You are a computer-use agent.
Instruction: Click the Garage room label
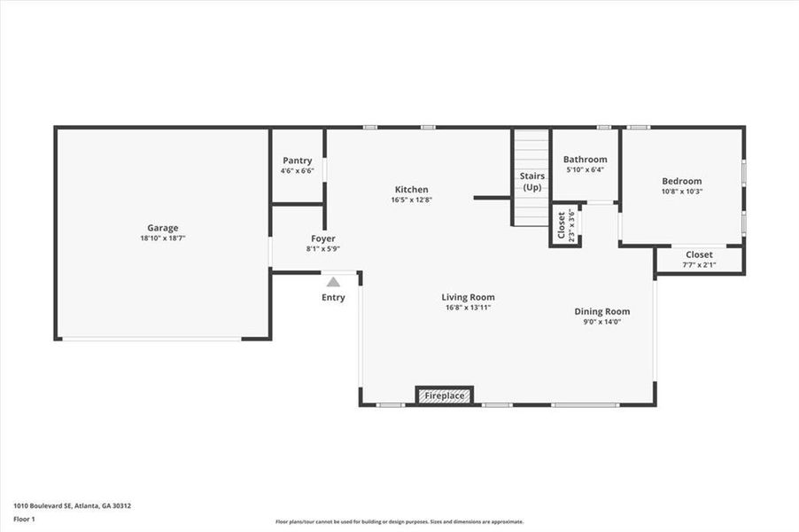162,228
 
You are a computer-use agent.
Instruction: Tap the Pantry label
297,160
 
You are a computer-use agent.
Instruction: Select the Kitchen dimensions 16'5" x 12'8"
411,200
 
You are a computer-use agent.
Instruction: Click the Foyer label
322,239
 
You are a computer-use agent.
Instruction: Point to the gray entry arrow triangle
333,282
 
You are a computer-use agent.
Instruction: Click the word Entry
333,298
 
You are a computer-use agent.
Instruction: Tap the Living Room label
468,297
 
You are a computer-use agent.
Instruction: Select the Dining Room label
602,311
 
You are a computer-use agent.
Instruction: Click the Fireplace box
445,395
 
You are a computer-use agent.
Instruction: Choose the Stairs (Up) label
531,182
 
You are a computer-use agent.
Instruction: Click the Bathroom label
585,160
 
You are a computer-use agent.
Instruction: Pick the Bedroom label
681,181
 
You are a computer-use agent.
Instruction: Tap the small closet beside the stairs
564,226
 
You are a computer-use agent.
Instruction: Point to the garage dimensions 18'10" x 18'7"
162,239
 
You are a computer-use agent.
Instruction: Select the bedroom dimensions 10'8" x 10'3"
681,192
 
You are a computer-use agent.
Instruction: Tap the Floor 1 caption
24,518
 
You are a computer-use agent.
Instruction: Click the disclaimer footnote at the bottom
399,521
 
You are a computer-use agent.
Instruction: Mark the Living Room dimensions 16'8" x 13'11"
468,308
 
